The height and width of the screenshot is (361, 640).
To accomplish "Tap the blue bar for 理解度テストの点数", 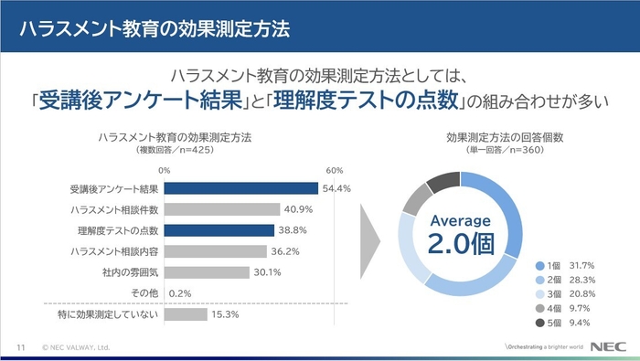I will coord(219,230).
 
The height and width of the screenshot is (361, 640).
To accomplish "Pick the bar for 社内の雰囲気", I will coord(206,271).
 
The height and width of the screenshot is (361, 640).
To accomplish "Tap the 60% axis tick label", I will coord(334,170).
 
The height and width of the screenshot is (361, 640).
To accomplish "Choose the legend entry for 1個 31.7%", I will coord(567,265).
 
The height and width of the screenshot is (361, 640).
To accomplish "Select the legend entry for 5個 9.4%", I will coord(567,323).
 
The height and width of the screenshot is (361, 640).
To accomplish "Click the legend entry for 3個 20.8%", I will coord(567,294).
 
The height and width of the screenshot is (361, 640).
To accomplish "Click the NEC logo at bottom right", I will coord(609,347).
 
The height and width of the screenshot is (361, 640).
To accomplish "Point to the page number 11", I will coord(20,347).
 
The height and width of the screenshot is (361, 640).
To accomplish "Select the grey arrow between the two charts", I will coord(369,244).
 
